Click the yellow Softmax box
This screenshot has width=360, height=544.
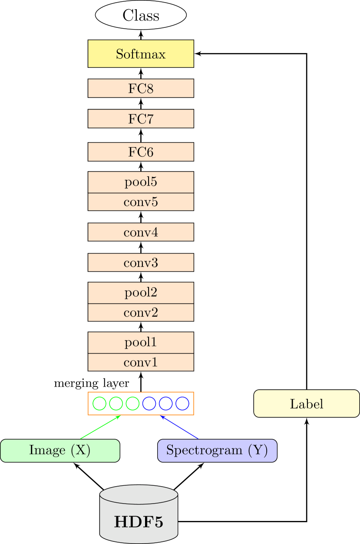click(141, 54)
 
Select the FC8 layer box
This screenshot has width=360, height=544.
click(141, 88)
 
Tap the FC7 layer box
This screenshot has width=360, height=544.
click(141, 119)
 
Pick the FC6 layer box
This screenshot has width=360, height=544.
click(141, 152)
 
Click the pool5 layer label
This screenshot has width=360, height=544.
click(141, 182)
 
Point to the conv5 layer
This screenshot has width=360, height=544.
click(141, 202)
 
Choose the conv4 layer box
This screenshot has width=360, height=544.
click(141, 232)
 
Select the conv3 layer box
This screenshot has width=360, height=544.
click(141, 262)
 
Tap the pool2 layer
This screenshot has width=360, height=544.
click(141, 293)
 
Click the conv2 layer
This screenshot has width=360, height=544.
click(141, 312)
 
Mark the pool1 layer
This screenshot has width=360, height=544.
click(141, 343)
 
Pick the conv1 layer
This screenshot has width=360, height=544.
click(141, 362)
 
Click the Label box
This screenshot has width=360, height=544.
click(307, 404)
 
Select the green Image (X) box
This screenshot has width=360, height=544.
click(60, 450)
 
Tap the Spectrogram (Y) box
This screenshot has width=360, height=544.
click(217, 450)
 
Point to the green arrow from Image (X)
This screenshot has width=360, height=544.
click(100, 427)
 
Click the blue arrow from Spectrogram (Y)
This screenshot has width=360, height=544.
click(179, 427)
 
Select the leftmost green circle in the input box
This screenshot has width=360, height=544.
click(99, 404)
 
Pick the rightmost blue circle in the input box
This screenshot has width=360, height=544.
click(182, 404)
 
